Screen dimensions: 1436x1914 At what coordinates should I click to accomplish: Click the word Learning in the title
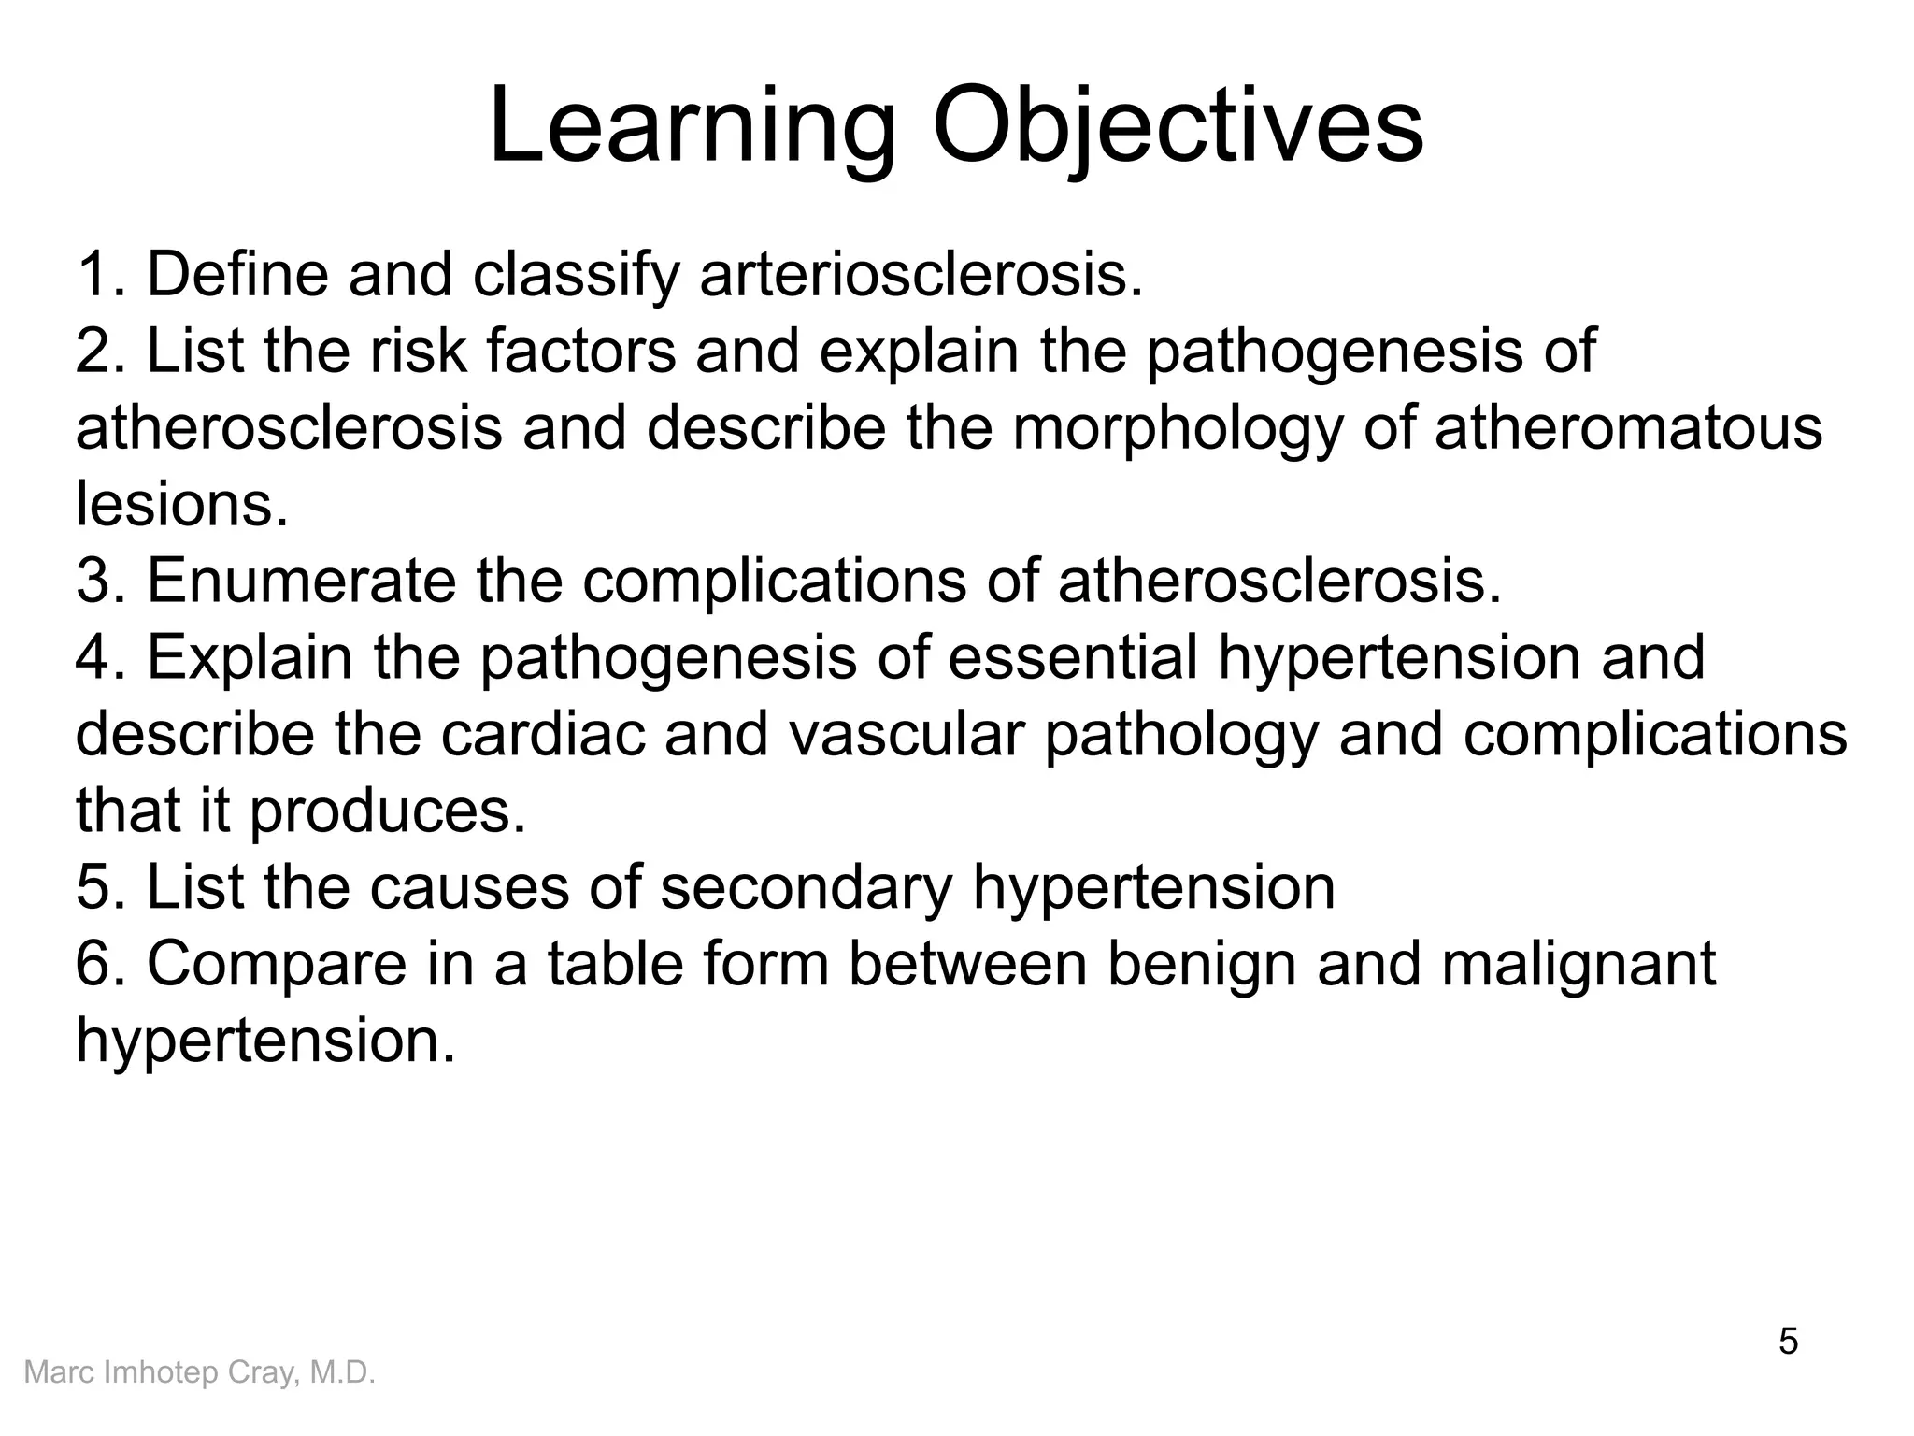click(x=692, y=126)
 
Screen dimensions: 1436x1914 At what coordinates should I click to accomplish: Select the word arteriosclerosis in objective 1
click(x=921, y=275)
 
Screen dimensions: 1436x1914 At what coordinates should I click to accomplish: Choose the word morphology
click(x=1178, y=428)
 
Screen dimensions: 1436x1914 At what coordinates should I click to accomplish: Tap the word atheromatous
click(x=1628, y=428)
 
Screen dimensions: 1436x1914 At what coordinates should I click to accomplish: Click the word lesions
click(x=182, y=505)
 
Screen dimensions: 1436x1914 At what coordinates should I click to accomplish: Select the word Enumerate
click(x=301, y=582)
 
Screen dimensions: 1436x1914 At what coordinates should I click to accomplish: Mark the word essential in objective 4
click(x=1073, y=658)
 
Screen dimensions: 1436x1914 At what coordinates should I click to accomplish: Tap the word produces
click(x=388, y=811)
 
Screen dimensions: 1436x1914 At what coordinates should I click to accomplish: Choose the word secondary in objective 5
click(x=806, y=888)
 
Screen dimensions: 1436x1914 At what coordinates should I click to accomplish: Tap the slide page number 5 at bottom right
click(x=1788, y=1342)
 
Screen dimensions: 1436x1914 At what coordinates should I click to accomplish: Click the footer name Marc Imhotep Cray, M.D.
click(x=199, y=1373)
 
